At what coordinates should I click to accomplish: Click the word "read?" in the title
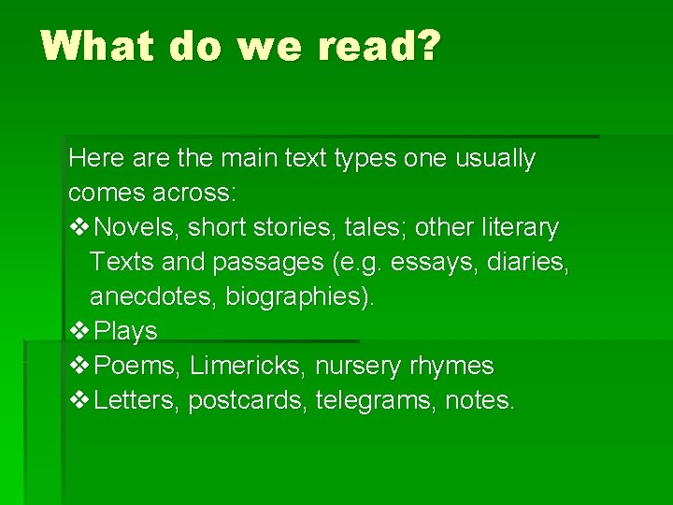pyautogui.click(x=375, y=45)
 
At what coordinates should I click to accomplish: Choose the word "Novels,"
pyautogui.click(x=140, y=227)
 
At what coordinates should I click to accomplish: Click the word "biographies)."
pyautogui.click(x=300, y=297)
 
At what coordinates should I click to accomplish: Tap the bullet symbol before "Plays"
pyautogui.click(x=79, y=331)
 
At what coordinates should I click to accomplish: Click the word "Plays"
pyautogui.click(x=126, y=331)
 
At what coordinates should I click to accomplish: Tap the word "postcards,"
pyautogui.click(x=248, y=401)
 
